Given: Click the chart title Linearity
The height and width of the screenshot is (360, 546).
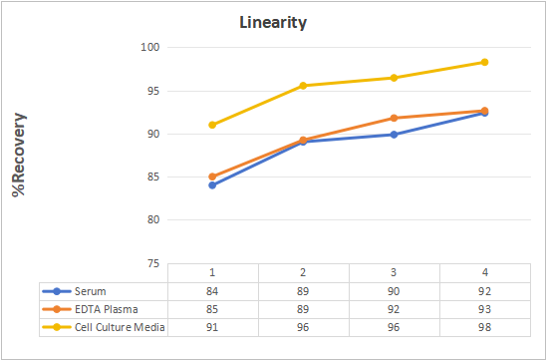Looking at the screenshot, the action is [273, 23].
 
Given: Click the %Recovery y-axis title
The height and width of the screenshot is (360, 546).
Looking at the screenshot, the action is [19, 155].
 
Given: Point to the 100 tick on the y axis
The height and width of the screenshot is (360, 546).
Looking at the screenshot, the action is [150, 48].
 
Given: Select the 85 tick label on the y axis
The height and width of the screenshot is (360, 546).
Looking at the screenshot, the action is [152, 178].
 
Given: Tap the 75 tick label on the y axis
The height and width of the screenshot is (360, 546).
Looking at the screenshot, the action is [152, 263].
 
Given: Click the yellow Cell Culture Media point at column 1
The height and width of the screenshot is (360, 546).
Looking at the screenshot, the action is [212, 125].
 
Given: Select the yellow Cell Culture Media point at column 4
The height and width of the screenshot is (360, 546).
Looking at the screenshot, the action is [484, 62].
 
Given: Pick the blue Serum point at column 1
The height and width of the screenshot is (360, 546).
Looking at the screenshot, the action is [212, 185].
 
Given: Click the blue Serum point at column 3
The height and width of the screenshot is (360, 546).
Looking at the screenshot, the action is [394, 135].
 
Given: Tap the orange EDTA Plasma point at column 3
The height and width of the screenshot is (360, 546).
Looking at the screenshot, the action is [394, 118].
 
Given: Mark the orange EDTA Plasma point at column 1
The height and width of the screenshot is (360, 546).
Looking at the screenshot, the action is [212, 177].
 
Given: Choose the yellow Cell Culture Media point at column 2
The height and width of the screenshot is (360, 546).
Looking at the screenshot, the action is [303, 86].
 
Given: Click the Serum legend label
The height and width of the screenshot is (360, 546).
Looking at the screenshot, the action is [91, 291].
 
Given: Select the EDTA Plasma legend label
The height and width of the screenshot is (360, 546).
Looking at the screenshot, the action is [107, 309].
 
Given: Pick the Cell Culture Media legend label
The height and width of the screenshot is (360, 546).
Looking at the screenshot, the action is [120, 327].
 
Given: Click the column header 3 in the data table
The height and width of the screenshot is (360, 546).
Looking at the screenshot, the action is [394, 272].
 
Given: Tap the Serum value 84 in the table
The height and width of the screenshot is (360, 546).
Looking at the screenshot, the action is [212, 291].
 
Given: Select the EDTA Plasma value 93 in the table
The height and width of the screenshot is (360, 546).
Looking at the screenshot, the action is [484, 309].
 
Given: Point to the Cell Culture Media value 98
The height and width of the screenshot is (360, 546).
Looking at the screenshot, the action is [484, 327].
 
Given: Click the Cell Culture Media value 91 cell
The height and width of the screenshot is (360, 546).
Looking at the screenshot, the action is [212, 327].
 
